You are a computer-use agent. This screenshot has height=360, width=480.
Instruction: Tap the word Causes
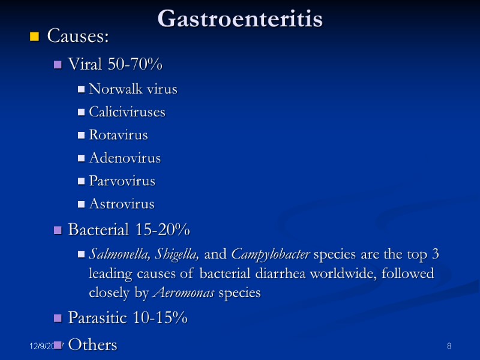(x=77, y=37)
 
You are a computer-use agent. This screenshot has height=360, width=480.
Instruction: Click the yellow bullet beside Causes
(x=34, y=38)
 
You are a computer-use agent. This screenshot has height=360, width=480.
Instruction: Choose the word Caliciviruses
(x=127, y=112)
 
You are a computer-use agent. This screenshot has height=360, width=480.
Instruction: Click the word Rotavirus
(x=118, y=135)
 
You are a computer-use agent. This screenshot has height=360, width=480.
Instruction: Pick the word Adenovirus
(x=124, y=158)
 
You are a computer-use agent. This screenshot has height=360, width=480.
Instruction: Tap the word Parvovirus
(x=122, y=181)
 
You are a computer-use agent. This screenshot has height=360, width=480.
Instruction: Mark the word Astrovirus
(x=121, y=204)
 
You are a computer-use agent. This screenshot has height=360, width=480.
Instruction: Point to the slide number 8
(x=449, y=347)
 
